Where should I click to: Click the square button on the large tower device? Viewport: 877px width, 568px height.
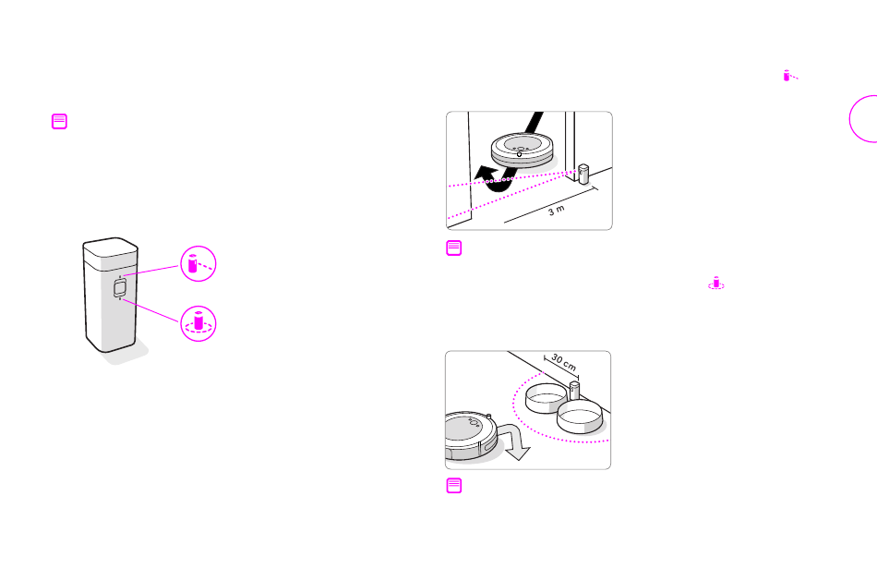coord(120,288)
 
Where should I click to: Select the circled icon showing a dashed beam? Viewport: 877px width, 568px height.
coord(198,263)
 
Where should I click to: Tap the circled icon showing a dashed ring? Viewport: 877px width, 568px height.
coord(198,323)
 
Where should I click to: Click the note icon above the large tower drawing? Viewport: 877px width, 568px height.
coord(59,121)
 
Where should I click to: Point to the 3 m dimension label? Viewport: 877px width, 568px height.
coord(557,211)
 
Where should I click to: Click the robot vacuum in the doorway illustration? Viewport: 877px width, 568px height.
coord(522,149)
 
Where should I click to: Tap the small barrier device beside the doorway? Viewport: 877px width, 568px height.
coord(583,174)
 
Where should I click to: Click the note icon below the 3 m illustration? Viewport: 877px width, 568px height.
coord(453,248)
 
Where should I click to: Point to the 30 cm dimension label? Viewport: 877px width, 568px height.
coord(563,362)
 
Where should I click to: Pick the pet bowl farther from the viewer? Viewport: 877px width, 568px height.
coord(546,398)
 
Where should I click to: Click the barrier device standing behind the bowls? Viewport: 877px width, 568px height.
coord(574,390)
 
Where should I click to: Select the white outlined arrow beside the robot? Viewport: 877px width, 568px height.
coord(513,441)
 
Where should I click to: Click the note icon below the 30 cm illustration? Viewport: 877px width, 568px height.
coord(453,486)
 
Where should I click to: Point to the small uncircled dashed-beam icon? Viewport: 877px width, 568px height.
coord(789,76)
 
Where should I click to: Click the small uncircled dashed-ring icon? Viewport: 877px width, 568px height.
coord(716,283)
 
